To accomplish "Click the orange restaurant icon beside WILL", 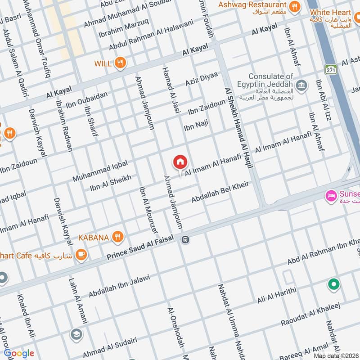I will [120, 63].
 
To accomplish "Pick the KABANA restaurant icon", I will [117, 236].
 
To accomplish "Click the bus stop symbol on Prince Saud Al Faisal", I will [185, 239].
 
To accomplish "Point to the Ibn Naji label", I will [196, 126].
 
